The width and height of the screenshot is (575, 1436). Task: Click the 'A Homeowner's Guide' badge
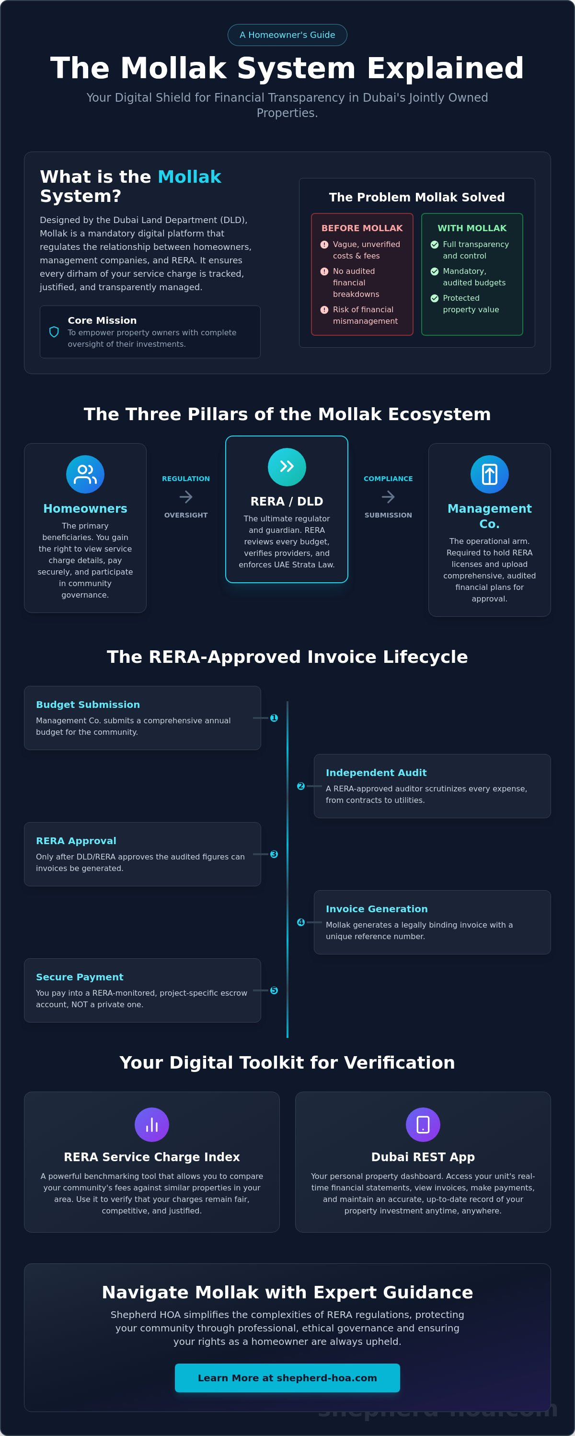tap(287, 35)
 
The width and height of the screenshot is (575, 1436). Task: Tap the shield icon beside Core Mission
tap(54, 332)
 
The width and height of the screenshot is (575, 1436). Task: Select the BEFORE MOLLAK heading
tap(362, 228)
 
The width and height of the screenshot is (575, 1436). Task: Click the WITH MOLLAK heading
tap(472, 228)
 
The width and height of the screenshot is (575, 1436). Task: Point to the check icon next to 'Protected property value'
tap(435, 298)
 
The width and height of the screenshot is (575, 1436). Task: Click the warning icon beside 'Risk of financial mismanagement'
tap(324, 310)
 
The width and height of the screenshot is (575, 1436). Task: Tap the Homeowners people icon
tap(85, 474)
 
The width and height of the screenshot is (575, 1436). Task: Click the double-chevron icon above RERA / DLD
tap(287, 467)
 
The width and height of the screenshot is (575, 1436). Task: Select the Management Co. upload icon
tap(490, 474)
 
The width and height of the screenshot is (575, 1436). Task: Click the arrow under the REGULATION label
tap(186, 497)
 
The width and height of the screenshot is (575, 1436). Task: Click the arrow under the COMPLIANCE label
tap(388, 497)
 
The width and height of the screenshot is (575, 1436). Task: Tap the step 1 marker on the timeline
tap(274, 718)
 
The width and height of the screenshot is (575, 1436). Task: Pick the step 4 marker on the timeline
tap(301, 922)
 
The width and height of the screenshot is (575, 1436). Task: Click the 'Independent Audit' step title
tap(376, 773)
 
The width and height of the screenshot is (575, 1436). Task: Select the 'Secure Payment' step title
tap(80, 977)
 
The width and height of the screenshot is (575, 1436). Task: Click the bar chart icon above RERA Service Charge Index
tap(151, 1125)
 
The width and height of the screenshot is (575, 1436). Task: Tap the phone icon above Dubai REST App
tap(423, 1125)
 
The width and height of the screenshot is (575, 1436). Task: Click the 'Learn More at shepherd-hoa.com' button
tap(287, 1378)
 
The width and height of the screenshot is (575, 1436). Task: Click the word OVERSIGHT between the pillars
tap(186, 515)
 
